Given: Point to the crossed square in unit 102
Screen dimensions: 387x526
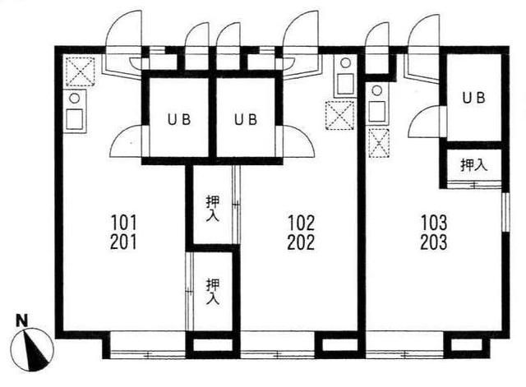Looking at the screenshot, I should (x=338, y=114).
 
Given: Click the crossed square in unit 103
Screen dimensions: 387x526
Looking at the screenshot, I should (x=379, y=142).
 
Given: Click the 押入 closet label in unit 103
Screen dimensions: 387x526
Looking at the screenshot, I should (x=473, y=164).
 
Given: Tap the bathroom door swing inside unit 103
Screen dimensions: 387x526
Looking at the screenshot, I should (x=425, y=123).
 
